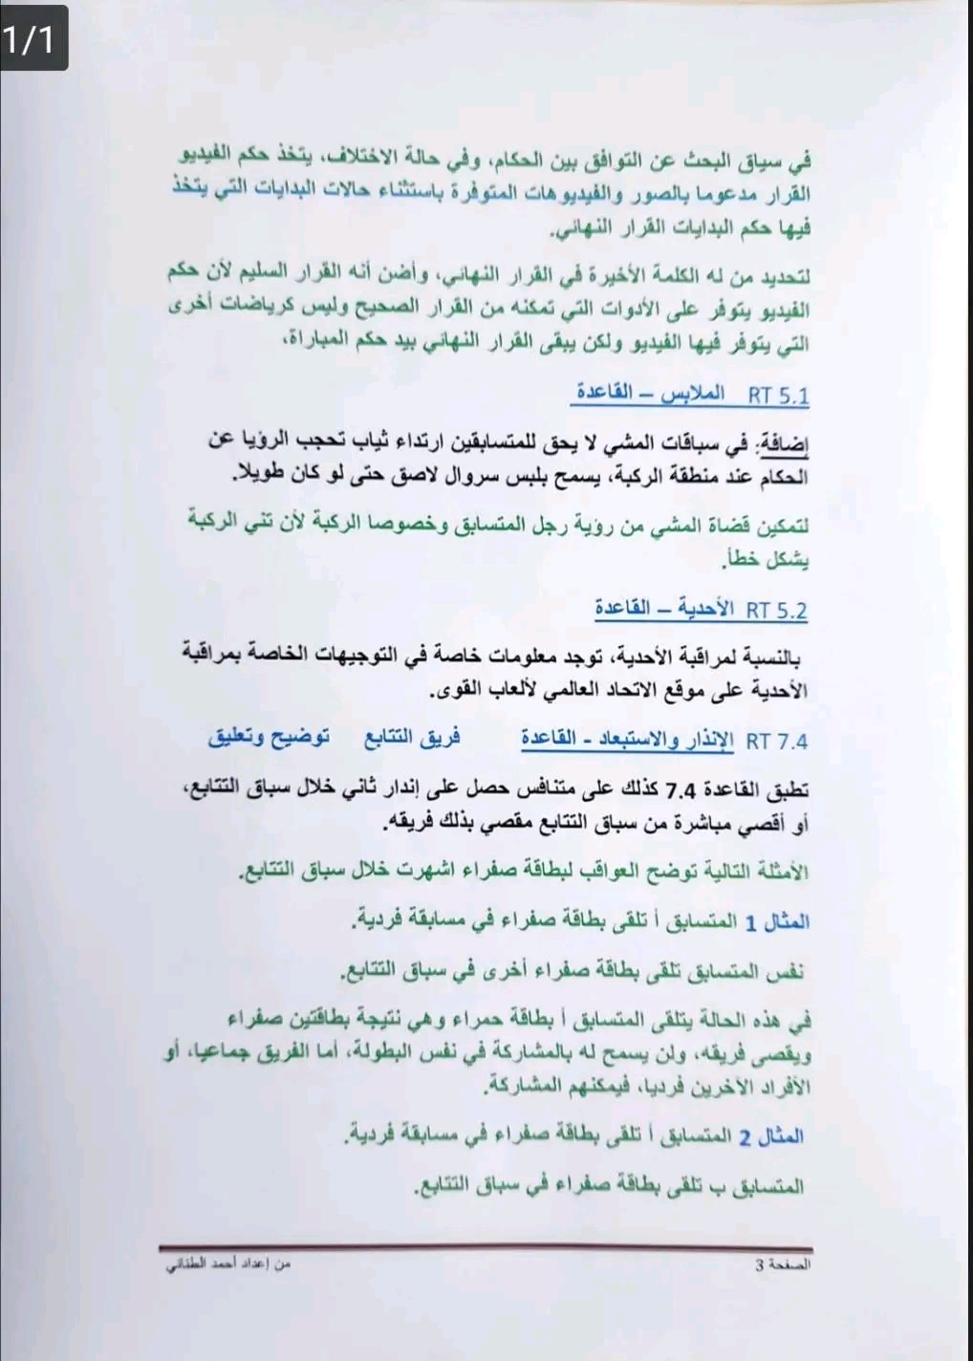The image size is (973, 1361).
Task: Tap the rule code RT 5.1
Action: tap(778, 395)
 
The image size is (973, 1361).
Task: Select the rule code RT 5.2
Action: tap(776, 609)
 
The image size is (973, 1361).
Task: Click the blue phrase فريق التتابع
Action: tap(412, 738)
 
